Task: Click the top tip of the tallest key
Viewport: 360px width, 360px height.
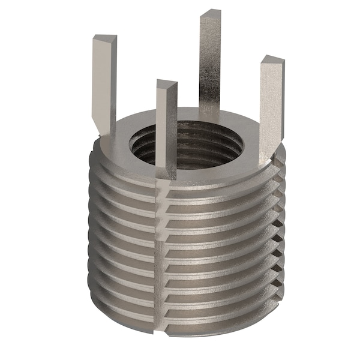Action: pos(210,14)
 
